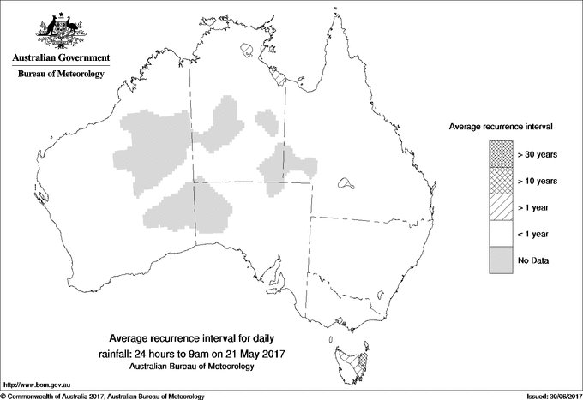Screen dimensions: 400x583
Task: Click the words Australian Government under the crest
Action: [60, 58]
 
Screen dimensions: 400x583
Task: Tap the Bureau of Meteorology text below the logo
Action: [60, 75]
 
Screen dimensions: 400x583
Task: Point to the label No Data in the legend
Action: [532, 260]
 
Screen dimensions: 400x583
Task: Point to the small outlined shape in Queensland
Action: [346, 182]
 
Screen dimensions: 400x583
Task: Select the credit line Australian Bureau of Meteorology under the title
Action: [191, 367]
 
